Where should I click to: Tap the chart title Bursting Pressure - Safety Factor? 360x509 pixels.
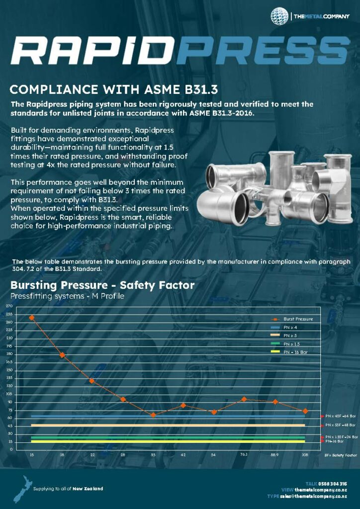[x=102, y=285]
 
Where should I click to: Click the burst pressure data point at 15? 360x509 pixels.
[x=32, y=318]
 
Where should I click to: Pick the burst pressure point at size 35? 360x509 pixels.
[x=153, y=415]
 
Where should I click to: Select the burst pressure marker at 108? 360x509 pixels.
[x=305, y=411]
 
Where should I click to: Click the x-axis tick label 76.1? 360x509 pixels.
[x=244, y=455]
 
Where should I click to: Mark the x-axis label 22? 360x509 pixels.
[x=92, y=455]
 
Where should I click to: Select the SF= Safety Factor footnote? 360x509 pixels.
[x=341, y=455]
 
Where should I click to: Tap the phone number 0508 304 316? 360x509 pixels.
[x=333, y=484]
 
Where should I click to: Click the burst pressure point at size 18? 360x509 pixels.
[x=62, y=355]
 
